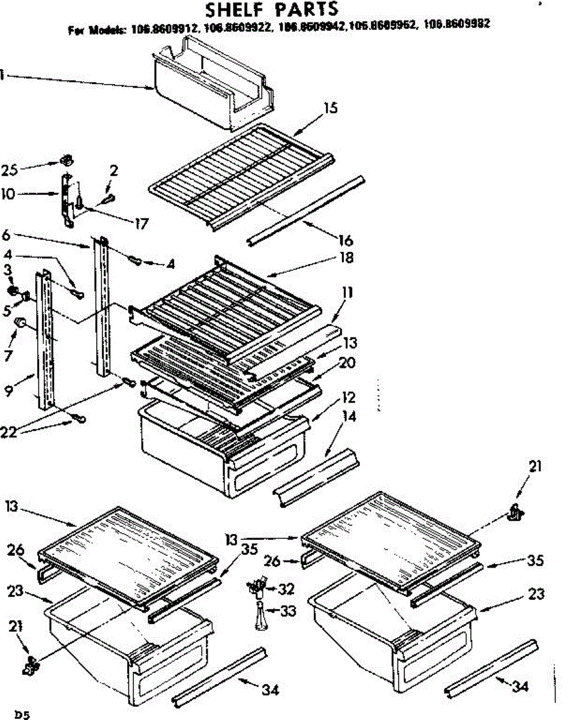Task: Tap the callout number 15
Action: (330, 108)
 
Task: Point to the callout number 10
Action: (10, 195)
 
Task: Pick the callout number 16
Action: (346, 240)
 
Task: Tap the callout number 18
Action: (346, 258)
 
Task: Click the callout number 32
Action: (287, 589)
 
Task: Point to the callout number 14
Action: (349, 416)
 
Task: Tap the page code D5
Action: (22, 714)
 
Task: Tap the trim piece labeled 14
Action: (316, 476)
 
